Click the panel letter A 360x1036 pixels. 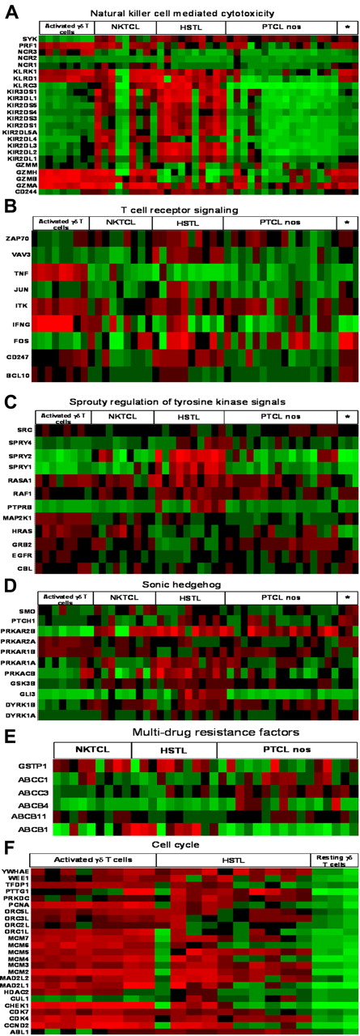click(x=8, y=9)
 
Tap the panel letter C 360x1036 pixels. click(x=8, y=401)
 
